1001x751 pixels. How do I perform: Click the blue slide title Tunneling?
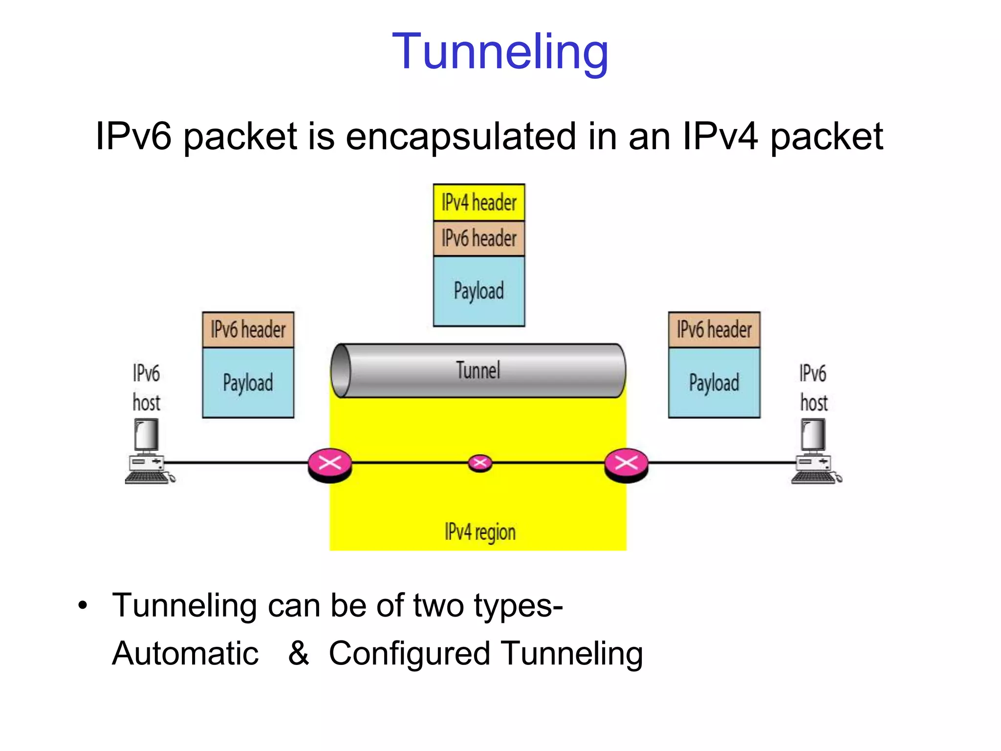click(500, 51)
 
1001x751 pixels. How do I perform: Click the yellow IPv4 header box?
click(479, 202)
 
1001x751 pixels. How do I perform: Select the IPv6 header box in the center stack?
click(479, 239)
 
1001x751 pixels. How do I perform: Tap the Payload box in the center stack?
click(479, 291)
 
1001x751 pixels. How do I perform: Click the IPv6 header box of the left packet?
click(248, 330)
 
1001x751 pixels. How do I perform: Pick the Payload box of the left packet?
click(248, 382)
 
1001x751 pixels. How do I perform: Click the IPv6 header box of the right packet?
click(714, 330)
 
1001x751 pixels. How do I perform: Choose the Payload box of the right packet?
click(714, 382)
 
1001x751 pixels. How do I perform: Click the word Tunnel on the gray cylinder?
click(478, 370)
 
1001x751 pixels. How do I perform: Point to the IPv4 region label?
click(480, 532)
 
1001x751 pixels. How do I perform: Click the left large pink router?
click(330, 464)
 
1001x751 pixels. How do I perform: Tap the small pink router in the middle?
click(480, 463)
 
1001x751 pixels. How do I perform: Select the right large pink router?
click(626, 464)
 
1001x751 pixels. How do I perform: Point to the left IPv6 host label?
click(146, 388)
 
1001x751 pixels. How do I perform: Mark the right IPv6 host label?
click(813, 388)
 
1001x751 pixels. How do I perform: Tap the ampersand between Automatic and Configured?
click(298, 653)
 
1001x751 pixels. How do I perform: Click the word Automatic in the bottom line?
click(185, 654)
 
